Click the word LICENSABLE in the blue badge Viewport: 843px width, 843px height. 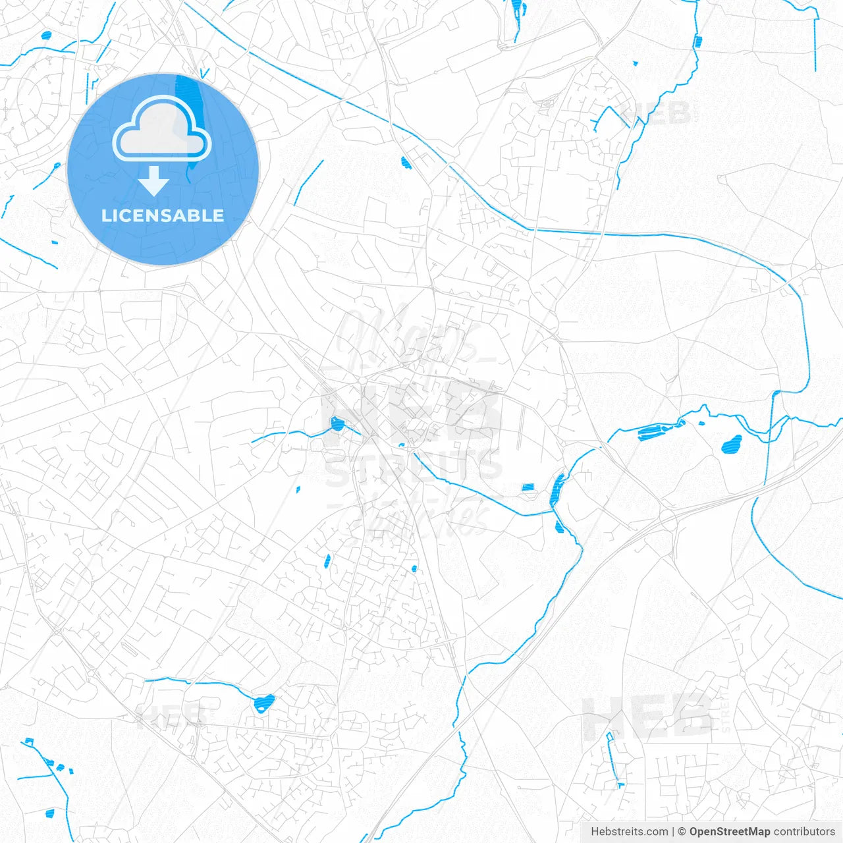point(163,216)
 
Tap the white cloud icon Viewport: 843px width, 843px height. point(162,129)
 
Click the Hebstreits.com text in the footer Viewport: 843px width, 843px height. point(629,832)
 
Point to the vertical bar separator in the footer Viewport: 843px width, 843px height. point(672,832)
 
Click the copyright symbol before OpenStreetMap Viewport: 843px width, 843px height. point(682,832)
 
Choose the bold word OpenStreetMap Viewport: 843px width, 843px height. point(729,832)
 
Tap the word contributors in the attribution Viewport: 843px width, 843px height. point(804,832)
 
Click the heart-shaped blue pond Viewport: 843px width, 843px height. point(264,703)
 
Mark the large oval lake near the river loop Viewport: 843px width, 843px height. point(731,445)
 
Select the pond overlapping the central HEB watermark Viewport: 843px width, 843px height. point(337,423)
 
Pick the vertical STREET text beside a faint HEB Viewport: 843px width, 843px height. point(725,711)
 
